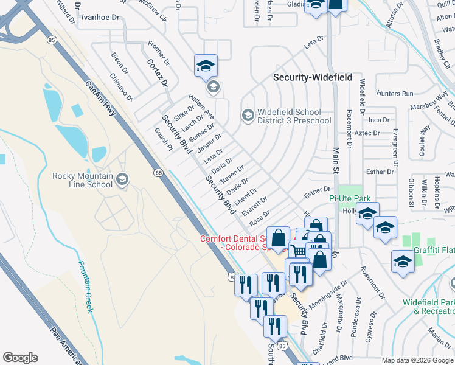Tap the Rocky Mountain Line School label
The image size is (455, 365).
coord(83,180)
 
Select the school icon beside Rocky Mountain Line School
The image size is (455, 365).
coord(122,179)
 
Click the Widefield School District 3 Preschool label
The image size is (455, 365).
coord(294,116)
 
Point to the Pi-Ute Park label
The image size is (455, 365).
coord(350,198)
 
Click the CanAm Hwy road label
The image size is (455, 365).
coord(100,100)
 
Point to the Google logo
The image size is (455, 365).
coord(20,358)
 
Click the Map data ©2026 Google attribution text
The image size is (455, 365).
coord(417,360)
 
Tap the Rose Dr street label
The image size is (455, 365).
coord(259,217)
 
